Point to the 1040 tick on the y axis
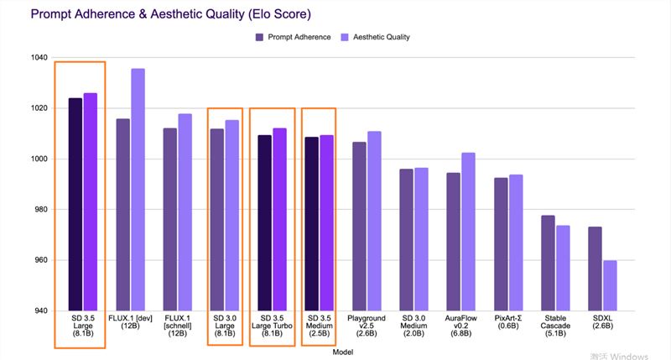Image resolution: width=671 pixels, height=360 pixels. (38, 58)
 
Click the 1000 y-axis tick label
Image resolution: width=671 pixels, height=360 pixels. (38, 159)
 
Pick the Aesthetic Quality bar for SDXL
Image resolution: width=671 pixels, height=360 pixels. (610, 285)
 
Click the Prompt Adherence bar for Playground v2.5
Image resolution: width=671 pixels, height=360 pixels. (358, 226)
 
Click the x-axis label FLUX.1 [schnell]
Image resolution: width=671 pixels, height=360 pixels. (177, 326)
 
